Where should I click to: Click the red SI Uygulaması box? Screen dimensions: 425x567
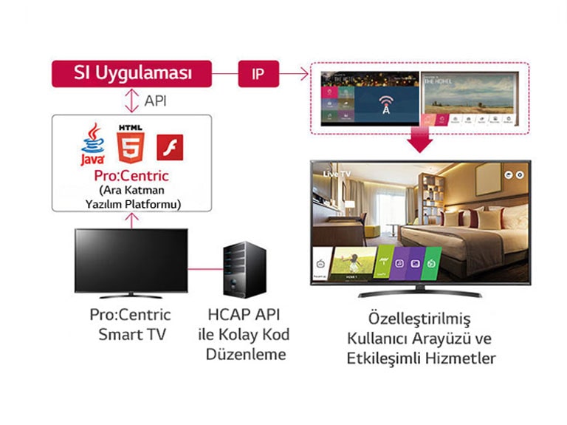[x=131, y=74]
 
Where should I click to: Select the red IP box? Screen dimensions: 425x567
[x=258, y=74]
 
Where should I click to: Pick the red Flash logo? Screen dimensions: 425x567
[x=169, y=147]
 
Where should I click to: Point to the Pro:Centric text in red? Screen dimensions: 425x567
[x=131, y=177]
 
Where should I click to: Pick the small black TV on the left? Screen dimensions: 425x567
[x=130, y=262]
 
